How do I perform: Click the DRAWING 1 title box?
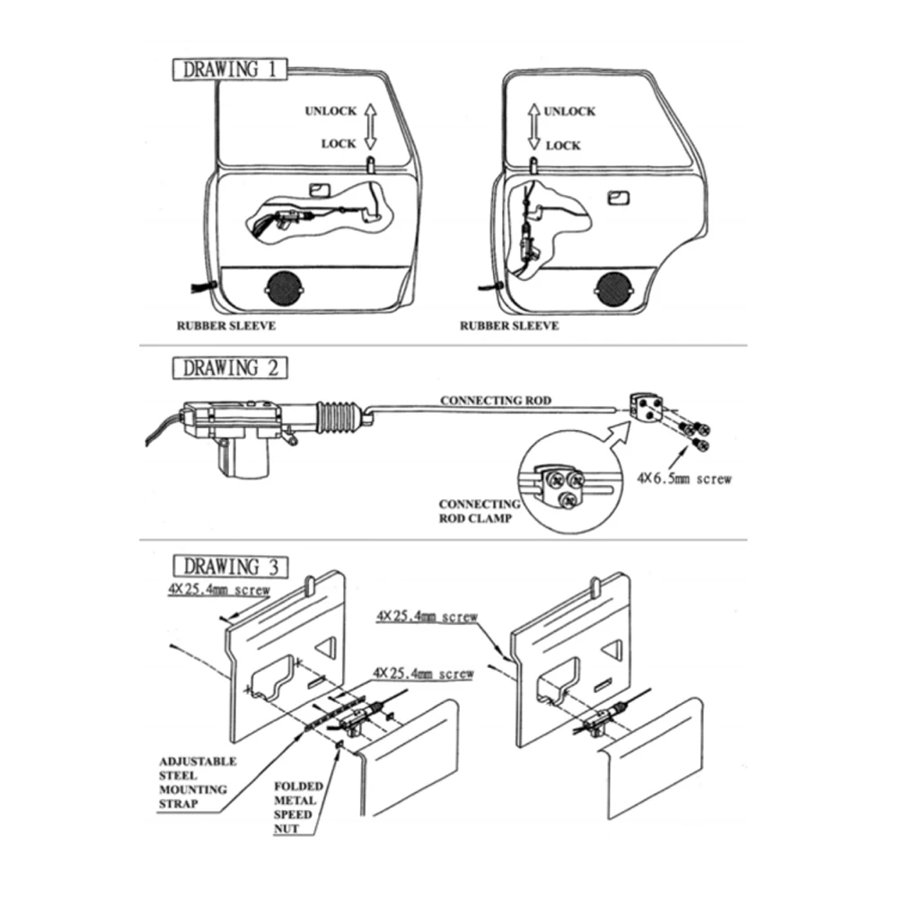231,70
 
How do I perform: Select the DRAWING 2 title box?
231,368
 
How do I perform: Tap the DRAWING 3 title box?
231,567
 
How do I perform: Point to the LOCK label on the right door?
563,145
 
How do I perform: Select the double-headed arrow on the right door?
533,127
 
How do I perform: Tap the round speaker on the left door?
284,289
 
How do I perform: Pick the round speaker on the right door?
613,289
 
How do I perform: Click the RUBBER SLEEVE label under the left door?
225,326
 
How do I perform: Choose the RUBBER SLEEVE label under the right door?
509,326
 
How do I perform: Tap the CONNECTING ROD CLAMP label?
479,511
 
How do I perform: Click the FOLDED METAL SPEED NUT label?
294,806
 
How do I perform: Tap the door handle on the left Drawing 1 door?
318,189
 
